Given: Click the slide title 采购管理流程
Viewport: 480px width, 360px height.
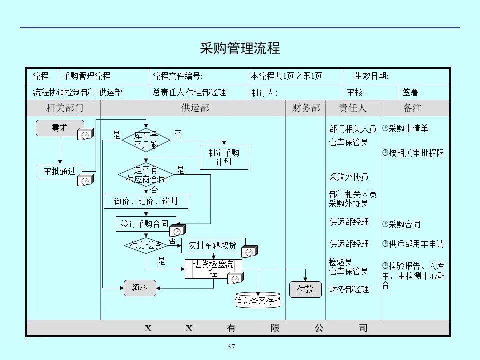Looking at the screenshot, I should click(x=240, y=48).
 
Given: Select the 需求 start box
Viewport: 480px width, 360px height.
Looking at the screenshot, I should click(x=59, y=128).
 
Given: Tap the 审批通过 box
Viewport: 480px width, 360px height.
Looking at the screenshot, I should click(x=59, y=171).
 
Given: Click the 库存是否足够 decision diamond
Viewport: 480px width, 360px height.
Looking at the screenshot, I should click(x=146, y=140).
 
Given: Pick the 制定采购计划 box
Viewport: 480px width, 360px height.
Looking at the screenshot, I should click(x=223, y=157).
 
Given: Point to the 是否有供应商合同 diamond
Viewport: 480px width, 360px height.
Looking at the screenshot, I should click(x=146, y=174).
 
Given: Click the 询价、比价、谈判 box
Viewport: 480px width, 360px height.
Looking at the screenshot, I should click(x=146, y=201).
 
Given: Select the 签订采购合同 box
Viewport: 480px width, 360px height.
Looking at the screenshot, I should click(x=145, y=224).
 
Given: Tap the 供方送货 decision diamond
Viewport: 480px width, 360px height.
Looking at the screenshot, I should click(x=146, y=245).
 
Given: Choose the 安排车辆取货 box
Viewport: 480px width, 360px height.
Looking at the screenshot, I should click(x=213, y=245).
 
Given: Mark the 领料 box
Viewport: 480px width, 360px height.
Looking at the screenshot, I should click(x=140, y=287).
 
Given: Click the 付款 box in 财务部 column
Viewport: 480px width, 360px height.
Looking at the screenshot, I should click(x=305, y=289).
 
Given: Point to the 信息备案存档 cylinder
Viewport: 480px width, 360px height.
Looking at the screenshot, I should click(x=258, y=300).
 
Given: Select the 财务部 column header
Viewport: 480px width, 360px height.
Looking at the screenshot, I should click(x=305, y=108).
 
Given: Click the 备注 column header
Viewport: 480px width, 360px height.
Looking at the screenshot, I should click(x=413, y=108).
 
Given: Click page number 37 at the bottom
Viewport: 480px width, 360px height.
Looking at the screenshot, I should click(x=231, y=347).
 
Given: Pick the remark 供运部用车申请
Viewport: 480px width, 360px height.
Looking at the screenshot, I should click(x=416, y=244).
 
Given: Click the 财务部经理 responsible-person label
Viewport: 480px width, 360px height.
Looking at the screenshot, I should click(x=349, y=289).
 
